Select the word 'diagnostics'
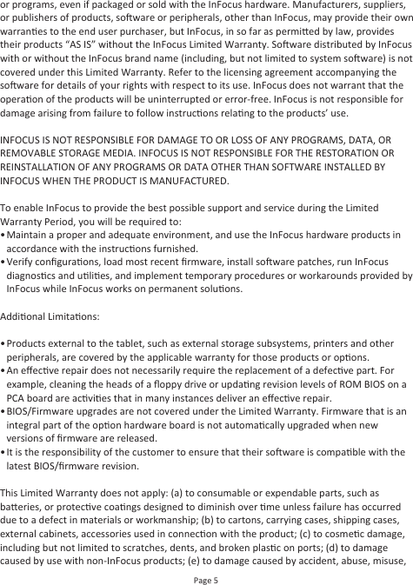pyautogui.click(x=36, y=276)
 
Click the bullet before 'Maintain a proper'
pyautogui.click(x=3, y=235)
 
